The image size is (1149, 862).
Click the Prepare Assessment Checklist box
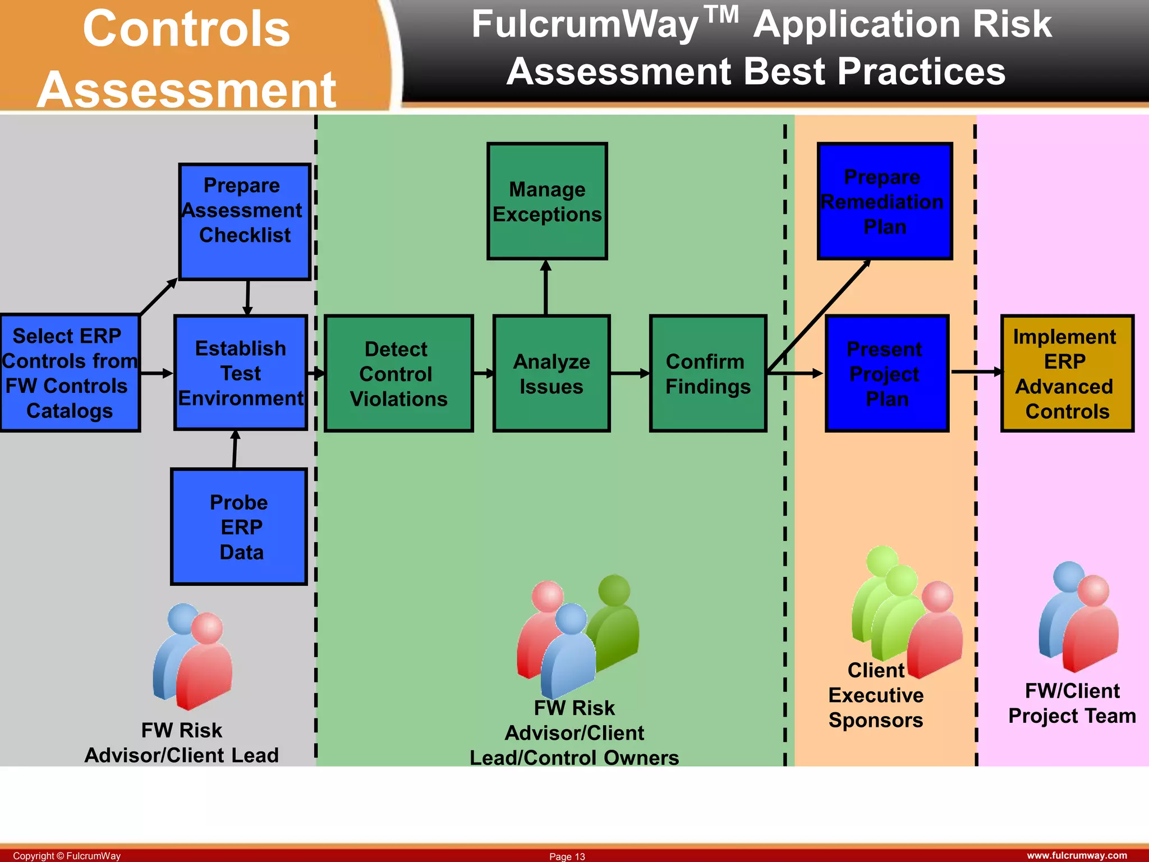[245, 221]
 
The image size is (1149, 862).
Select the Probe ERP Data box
[239, 526]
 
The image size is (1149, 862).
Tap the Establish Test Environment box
[241, 373]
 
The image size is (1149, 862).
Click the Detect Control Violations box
[398, 373]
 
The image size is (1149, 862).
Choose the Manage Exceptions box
[547, 201]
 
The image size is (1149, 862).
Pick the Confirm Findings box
[708, 373]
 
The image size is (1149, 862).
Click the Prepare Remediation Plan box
[885, 201]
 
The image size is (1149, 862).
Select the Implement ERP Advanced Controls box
[1067, 373]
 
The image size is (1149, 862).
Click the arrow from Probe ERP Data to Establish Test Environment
[235, 450]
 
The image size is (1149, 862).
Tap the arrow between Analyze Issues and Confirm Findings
[629, 373]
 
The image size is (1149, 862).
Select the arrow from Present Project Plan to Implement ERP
[976, 372]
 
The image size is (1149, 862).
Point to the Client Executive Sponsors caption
[876, 696]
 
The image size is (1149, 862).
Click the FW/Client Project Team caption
[1072, 703]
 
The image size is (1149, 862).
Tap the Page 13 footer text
[567, 856]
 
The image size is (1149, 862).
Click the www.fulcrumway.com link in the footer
[1077, 855]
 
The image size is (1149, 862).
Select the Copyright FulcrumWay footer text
[67, 856]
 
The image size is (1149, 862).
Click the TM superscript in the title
[721, 15]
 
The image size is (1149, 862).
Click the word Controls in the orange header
[186, 29]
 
